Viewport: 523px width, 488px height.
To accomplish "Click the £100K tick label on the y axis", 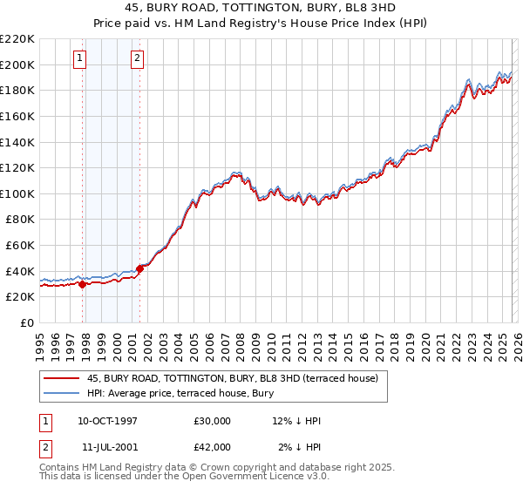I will (17, 193).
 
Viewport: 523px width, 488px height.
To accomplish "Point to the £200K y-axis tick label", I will (17, 64).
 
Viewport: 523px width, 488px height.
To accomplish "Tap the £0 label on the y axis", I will (26, 322).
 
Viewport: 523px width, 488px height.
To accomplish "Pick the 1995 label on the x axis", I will (40, 342).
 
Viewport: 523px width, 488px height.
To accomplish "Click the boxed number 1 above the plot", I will (80, 58).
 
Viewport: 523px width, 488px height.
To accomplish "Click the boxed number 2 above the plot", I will (138, 58).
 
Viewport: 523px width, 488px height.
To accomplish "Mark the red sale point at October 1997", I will (82, 283).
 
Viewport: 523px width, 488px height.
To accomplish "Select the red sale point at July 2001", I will (139, 268).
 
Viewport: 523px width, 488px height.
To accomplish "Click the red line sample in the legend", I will (62, 378).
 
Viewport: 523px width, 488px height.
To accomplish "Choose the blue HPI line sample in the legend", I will (62, 394).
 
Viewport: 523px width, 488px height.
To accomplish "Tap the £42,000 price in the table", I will (213, 446).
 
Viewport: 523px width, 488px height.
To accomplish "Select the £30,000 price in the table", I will (213, 421).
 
